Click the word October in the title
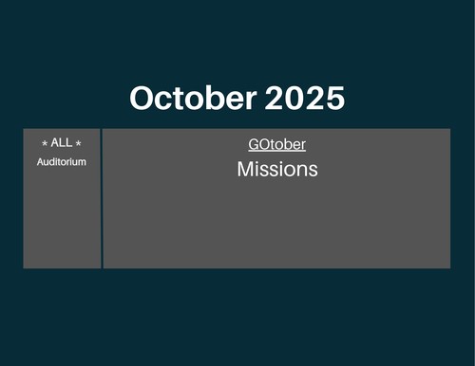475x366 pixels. (193, 98)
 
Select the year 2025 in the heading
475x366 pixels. (305, 98)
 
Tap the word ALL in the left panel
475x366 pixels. (62, 142)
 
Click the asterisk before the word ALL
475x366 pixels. (45, 143)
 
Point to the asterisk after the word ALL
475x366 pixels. (78, 143)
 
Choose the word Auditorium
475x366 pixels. (62, 162)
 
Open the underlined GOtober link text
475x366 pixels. (277, 144)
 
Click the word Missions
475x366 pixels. (277, 169)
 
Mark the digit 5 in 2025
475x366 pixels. (335, 99)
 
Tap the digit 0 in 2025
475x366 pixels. (294, 98)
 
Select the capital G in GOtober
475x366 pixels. (254, 144)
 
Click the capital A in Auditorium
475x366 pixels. (40, 162)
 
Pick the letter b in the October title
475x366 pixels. (205, 98)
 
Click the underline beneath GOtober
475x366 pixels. (277, 152)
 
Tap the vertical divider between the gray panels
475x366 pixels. (102, 198)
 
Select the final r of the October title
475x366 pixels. (251, 101)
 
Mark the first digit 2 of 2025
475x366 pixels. (275, 98)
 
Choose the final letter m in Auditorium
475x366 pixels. (82, 163)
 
